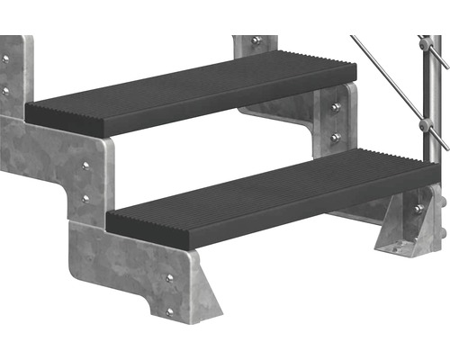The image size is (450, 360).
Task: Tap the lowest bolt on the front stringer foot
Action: click(169, 311)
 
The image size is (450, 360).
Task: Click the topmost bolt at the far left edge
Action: click(4, 59)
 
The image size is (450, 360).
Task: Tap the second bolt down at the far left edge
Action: click(4, 91)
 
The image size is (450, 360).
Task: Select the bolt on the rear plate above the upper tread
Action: click(257, 41)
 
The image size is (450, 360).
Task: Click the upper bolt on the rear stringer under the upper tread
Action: click(336, 108)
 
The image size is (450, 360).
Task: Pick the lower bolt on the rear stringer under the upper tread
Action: click(336, 138)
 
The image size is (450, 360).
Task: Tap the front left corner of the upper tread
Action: click(29, 112)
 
